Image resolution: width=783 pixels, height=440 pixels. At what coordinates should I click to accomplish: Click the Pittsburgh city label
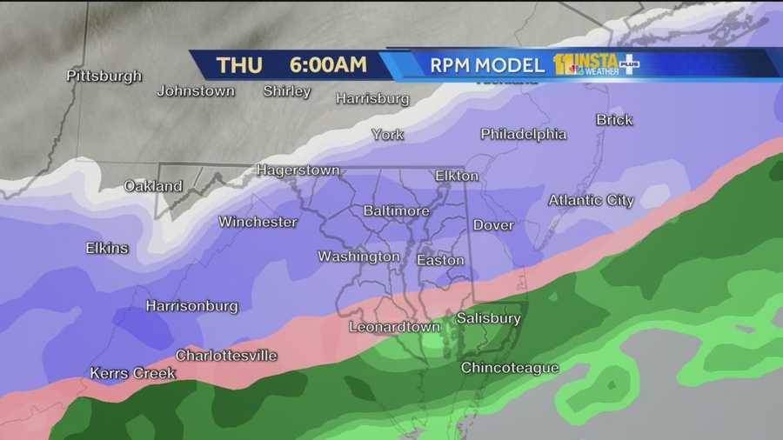104,76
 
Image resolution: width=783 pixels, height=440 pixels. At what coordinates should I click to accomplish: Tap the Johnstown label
196,90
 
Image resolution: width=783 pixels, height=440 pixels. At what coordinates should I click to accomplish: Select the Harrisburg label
372,98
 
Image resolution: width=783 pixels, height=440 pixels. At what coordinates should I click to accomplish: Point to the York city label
387,135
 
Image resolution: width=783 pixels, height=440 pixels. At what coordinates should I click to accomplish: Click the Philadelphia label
523,134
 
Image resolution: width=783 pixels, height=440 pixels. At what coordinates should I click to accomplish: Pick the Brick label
614,120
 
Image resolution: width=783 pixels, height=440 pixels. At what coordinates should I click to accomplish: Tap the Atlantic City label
591,200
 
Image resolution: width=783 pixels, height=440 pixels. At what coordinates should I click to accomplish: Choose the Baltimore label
396,211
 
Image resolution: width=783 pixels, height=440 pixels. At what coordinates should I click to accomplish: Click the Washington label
358,257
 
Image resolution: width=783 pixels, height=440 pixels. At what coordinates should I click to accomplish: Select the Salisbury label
488,318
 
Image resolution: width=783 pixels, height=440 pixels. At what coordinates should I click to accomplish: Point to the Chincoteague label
509,368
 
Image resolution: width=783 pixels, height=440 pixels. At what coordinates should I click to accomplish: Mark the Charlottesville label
226,355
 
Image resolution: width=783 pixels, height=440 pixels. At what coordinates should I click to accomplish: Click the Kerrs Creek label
132,373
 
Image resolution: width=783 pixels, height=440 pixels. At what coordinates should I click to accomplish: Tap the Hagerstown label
298,170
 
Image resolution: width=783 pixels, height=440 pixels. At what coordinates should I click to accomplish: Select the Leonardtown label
391,327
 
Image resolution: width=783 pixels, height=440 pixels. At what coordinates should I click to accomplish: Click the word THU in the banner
239,65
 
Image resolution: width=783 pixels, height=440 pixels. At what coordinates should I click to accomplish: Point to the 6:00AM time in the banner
328,65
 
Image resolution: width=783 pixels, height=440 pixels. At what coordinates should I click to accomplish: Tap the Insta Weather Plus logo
597,64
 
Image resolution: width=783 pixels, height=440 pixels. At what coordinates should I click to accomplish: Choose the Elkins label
107,248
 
